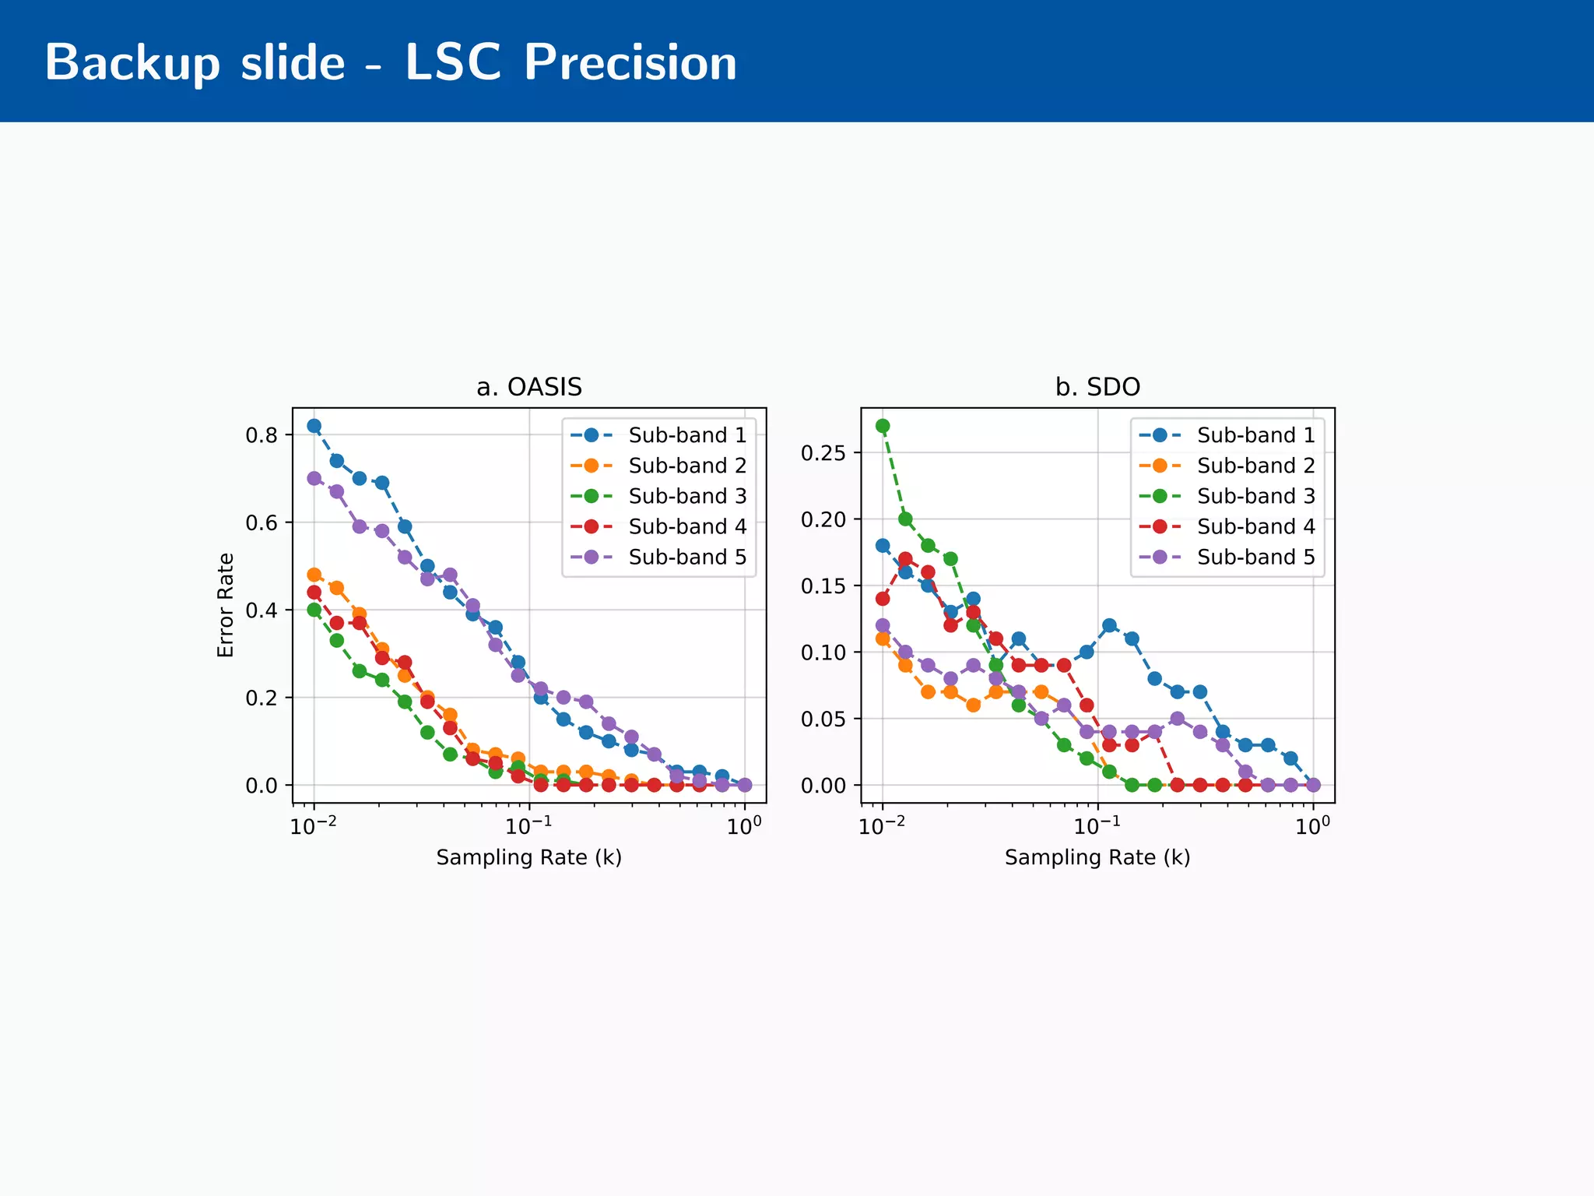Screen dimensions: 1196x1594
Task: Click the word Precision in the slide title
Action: (630, 62)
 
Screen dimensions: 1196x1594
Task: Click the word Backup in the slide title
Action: (132, 64)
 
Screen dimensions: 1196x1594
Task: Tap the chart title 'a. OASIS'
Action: (529, 387)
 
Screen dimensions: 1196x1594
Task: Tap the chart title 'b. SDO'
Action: (1097, 387)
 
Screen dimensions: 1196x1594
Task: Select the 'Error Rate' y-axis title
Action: (226, 605)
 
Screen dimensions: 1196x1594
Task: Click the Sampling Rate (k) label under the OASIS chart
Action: (529, 857)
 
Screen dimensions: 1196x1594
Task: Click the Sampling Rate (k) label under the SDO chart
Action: (1097, 857)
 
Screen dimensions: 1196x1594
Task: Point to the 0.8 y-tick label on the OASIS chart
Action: (262, 435)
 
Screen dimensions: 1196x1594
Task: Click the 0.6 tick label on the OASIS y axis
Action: (262, 523)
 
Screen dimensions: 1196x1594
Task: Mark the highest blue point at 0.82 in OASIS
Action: (314, 426)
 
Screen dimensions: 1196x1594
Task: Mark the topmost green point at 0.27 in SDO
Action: (883, 426)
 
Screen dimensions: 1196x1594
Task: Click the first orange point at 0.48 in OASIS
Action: (314, 575)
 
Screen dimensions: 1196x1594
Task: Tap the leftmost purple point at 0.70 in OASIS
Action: (314, 478)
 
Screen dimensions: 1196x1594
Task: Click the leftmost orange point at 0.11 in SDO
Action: (883, 638)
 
